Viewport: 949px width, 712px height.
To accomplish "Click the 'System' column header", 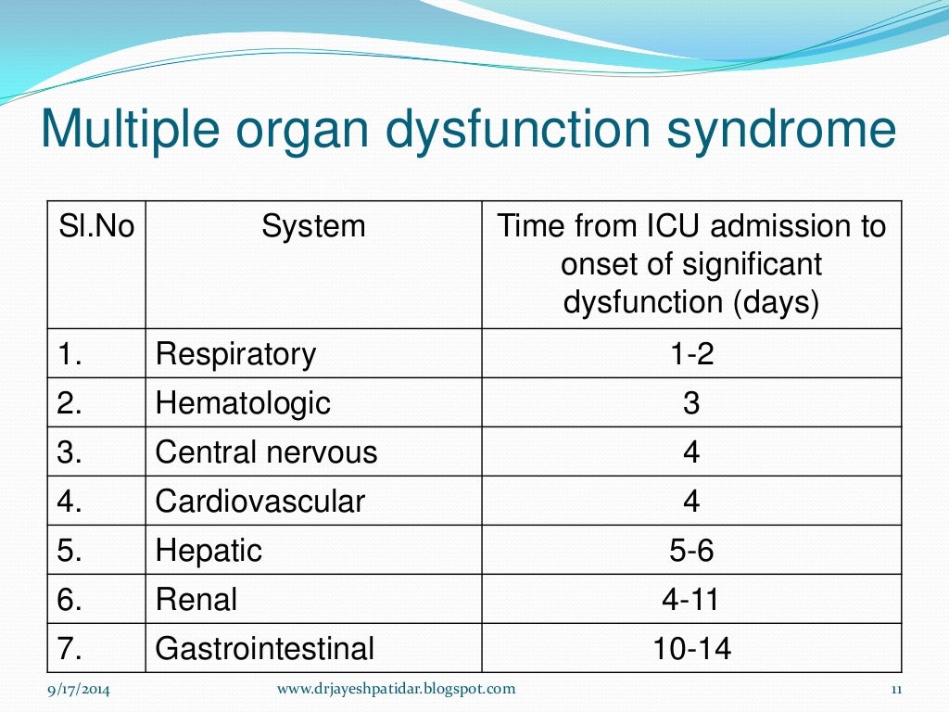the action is coord(313,226).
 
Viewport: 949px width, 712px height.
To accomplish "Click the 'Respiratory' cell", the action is coord(235,354).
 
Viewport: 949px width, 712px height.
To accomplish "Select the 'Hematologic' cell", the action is coord(243,403).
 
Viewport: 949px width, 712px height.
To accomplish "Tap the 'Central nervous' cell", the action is coord(266,452).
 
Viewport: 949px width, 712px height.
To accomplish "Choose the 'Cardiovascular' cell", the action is coord(260,502).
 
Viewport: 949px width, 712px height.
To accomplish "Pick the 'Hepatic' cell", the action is coord(209,551).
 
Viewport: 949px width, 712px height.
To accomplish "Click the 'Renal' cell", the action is coord(196,600).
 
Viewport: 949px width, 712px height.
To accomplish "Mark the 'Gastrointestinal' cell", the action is coord(265,649).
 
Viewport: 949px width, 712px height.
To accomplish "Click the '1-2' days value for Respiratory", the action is coord(691,354).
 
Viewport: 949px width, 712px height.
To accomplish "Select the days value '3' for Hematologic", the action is coord(691,403).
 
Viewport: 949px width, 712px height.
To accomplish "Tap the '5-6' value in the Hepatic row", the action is coord(691,551).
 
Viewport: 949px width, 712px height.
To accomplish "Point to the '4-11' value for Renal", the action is coord(691,600).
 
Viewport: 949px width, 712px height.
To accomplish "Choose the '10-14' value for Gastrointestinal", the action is coord(691,649).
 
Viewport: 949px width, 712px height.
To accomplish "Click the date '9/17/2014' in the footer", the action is coord(79,689).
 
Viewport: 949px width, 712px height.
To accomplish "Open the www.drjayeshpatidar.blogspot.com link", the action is coord(397,689).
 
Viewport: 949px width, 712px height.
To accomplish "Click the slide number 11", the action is coord(895,689).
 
